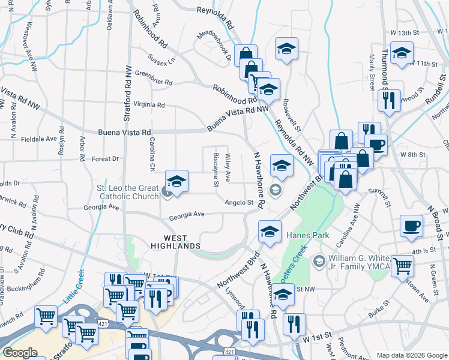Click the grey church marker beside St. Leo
167,192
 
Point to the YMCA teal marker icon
319,260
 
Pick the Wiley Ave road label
228,169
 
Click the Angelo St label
239,203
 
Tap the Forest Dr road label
106,159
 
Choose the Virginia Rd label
149,104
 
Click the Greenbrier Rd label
154,82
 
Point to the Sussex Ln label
162,59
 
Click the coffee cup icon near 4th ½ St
412,226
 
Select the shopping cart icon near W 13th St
260,82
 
